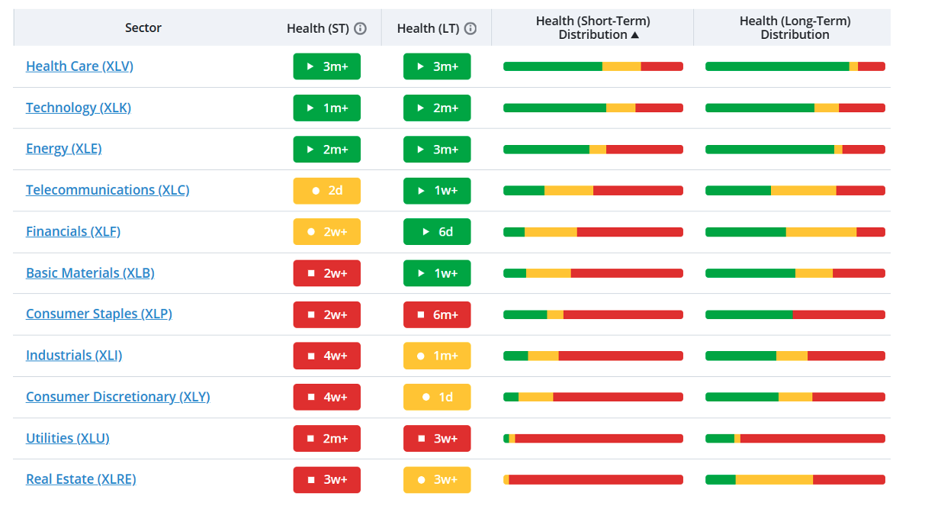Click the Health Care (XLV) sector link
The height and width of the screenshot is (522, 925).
tap(79, 66)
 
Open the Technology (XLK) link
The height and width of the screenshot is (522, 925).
tap(79, 108)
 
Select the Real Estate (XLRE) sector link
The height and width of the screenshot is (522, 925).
tap(81, 479)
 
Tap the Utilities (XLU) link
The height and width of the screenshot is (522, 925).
tap(68, 438)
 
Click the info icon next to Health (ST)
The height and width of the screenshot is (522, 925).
tap(360, 28)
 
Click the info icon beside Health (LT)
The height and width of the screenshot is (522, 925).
tap(471, 28)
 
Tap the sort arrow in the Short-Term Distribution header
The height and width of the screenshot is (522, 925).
tap(635, 35)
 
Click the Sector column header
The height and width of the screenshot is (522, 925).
tap(143, 27)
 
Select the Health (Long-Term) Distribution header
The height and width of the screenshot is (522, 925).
tap(795, 27)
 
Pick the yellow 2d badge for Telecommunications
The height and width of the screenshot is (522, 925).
tap(326, 191)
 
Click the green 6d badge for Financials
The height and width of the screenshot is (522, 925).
tap(437, 231)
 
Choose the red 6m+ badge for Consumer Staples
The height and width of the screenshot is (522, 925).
tap(437, 314)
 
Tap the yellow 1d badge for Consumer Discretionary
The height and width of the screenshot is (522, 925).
tap(437, 397)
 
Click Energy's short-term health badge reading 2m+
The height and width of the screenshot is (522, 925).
tap(326, 150)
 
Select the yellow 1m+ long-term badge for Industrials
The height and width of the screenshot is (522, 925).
tap(437, 356)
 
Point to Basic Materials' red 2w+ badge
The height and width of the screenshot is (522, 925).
tap(326, 272)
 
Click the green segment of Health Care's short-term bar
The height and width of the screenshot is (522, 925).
tap(553, 66)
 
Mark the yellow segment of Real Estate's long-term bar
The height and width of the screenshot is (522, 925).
tap(774, 479)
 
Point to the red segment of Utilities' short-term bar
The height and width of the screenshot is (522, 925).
tap(599, 438)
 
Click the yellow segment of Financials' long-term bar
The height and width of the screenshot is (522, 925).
tap(821, 232)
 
